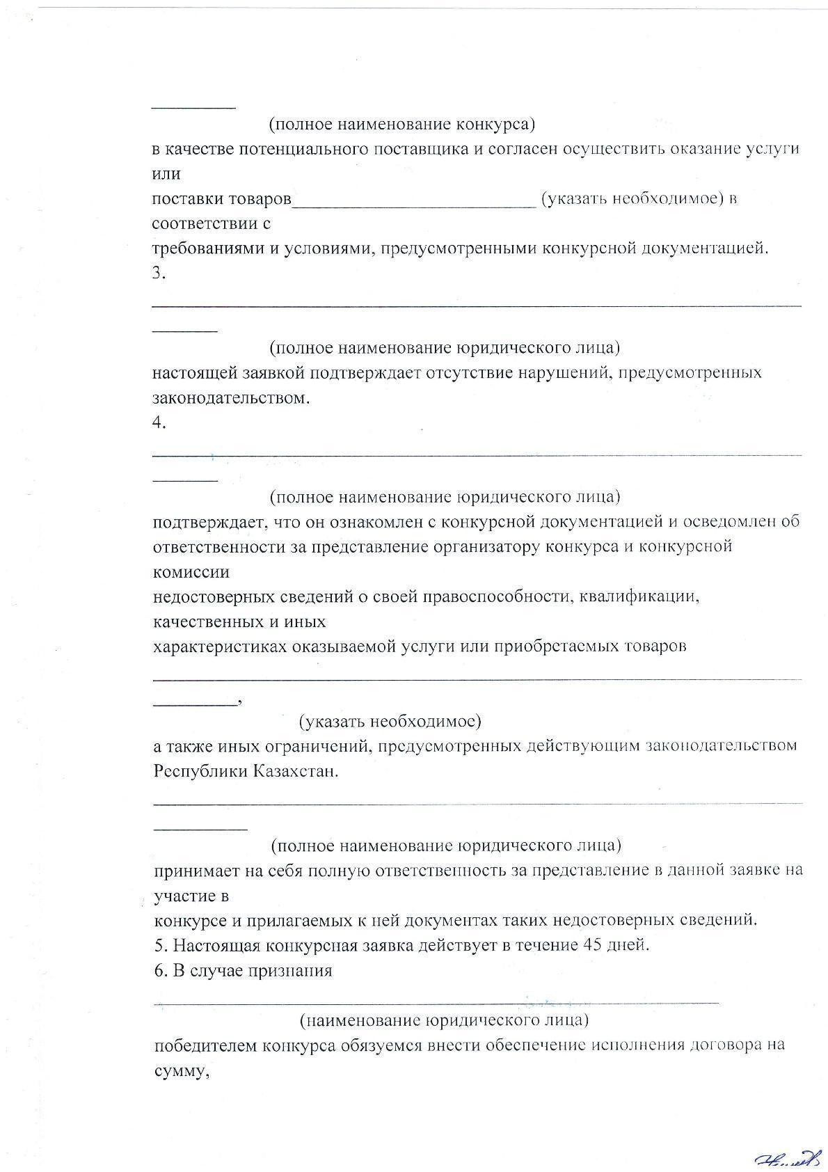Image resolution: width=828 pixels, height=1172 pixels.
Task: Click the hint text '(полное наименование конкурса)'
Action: click(x=401, y=125)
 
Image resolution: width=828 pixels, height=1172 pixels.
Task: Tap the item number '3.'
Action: click(x=159, y=274)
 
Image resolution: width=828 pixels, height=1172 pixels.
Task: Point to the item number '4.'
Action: click(x=159, y=423)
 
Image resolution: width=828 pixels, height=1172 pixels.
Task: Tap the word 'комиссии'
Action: click(x=191, y=572)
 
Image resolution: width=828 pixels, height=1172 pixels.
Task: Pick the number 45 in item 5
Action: click(x=589, y=946)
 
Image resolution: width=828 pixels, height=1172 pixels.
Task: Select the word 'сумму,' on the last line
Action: click(x=182, y=1071)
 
